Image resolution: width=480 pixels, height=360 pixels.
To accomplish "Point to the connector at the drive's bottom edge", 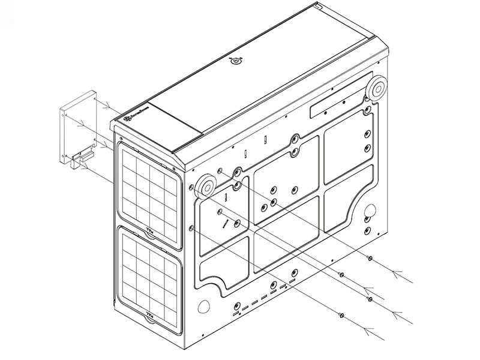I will tap(80, 158).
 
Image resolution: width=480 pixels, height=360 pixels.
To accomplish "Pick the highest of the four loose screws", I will tap(370, 258).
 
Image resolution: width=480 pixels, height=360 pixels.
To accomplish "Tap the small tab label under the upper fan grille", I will tap(149, 231).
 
